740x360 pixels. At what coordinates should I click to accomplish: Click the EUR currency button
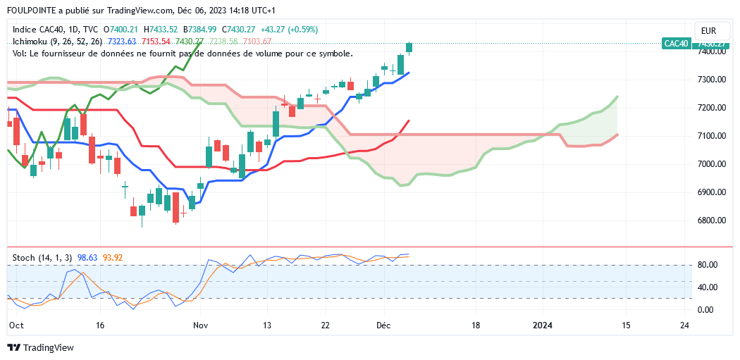pos(709,30)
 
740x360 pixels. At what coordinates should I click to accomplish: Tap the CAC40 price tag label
pos(676,44)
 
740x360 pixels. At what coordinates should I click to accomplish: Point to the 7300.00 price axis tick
pos(711,80)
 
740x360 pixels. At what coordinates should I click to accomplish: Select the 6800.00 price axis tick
pos(711,221)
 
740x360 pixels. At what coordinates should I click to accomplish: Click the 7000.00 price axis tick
pos(711,164)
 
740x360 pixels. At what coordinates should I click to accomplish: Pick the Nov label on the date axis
pos(201,325)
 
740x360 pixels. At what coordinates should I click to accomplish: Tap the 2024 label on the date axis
pos(542,325)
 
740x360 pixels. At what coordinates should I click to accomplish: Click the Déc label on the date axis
pos(384,325)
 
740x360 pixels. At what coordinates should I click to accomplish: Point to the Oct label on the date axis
pos(16,325)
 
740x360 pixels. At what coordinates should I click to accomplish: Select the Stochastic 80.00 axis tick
pos(708,265)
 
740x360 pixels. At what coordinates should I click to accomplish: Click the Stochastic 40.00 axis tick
pos(708,287)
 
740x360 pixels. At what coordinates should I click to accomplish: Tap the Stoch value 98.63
pos(88,258)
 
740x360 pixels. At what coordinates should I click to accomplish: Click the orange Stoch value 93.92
pos(113,258)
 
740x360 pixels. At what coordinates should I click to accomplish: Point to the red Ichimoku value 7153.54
pos(156,42)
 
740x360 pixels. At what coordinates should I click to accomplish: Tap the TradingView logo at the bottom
pos(40,347)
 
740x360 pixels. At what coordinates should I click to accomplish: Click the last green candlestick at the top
pos(409,48)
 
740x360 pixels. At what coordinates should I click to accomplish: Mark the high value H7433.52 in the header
pos(160,30)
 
